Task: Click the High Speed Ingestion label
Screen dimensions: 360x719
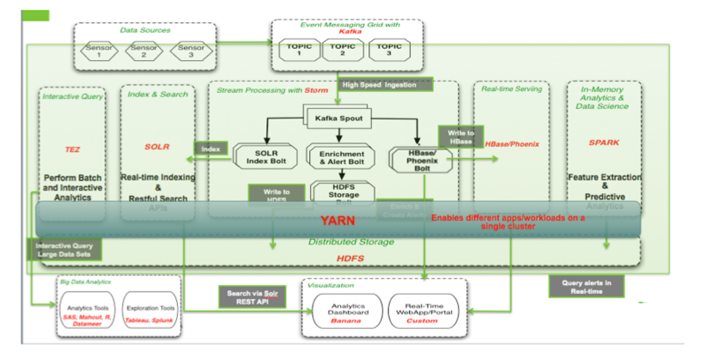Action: tap(379, 84)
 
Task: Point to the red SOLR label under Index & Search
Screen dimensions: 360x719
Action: tap(157, 147)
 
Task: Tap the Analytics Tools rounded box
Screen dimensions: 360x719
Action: tap(88, 312)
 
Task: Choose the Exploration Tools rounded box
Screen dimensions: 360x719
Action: tap(151, 310)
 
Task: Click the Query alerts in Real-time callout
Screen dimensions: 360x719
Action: tap(586, 286)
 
